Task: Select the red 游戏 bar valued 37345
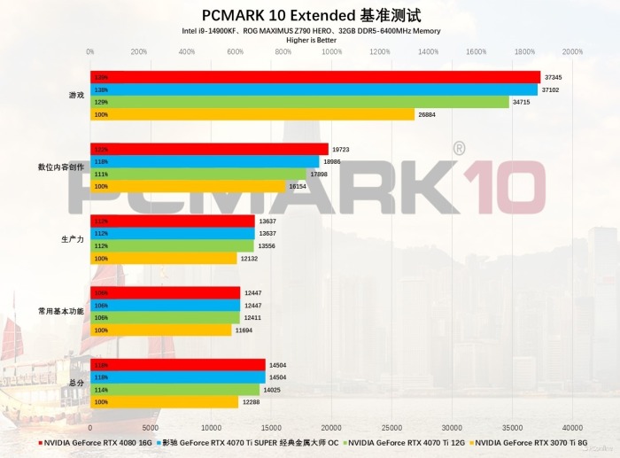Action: tap(314, 77)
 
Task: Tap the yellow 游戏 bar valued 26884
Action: tap(252, 114)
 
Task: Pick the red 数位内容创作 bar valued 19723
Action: tap(209, 149)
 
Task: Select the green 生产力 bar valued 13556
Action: tap(172, 246)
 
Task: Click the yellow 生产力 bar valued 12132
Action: tap(163, 259)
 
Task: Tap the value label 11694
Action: tap(244, 330)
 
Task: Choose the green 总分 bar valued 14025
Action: tap(174, 390)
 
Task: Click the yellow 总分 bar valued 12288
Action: tap(164, 402)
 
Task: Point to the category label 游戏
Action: tap(77, 95)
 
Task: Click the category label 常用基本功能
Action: tap(61, 311)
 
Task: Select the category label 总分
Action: tap(77, 384)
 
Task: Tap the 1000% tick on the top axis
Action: tap(331, 52)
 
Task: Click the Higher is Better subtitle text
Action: tap(311, 40)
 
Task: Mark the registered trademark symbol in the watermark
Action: tap(458, 148)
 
